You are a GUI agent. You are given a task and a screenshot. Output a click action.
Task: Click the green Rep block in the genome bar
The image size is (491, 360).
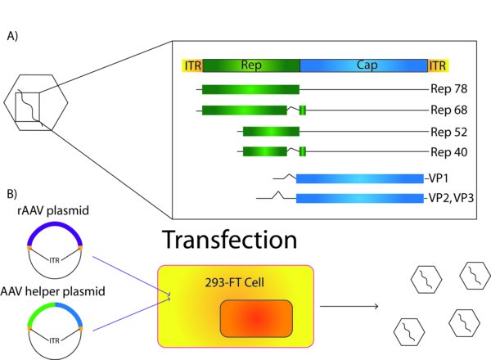[251, 65]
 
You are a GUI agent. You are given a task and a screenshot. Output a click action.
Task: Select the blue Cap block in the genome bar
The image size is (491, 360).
[364, 65]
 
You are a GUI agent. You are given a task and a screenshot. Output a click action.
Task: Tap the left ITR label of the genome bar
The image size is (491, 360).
[193, 65]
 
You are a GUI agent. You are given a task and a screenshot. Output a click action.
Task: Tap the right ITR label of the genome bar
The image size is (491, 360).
[438, 65]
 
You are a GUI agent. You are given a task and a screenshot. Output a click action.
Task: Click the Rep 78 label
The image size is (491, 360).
[448, 89]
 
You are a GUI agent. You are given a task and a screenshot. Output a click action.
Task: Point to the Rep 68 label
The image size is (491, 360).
[448, 110]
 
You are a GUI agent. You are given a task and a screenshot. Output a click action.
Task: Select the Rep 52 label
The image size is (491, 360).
[448, 132]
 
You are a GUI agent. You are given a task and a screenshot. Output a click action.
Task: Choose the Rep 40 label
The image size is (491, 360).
[448, 152]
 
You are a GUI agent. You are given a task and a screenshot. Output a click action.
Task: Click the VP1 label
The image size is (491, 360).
[439, 178]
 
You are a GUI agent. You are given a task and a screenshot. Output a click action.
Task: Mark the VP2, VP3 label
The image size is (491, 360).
[451, 198]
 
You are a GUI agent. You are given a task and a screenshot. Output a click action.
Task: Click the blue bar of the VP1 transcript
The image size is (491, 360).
[360, 178]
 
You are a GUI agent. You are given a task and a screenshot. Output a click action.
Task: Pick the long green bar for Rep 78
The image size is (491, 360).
[250, 89]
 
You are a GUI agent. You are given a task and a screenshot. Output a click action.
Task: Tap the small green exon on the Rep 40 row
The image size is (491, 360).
[303, 151]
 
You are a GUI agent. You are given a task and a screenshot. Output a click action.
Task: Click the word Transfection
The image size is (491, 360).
[229, 240]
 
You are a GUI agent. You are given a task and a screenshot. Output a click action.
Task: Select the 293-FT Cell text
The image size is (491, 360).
[235, 282]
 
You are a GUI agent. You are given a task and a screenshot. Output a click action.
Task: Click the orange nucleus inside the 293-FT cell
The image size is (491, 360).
[256, 318]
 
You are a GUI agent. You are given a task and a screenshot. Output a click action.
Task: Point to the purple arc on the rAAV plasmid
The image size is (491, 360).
[55, 225]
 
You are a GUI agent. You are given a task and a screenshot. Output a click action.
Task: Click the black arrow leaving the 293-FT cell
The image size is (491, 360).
[349, 306]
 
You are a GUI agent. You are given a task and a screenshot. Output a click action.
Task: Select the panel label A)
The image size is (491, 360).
[12, 36]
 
